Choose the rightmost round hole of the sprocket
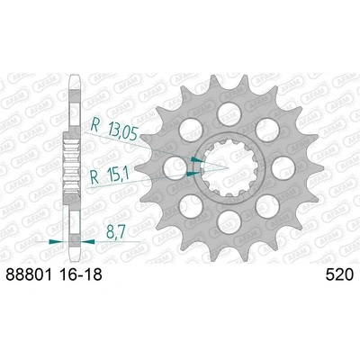[280, 165]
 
